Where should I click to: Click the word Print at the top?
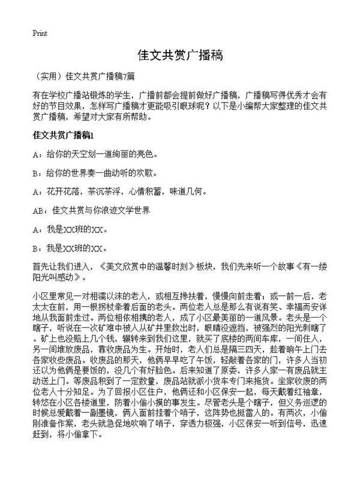[40, 33]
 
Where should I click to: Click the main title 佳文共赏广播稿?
[180, 55]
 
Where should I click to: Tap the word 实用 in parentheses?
[49, 76]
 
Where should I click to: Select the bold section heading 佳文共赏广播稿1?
[64, 136]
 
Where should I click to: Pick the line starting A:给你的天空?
[95, 154]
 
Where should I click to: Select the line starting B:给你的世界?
[95, 173]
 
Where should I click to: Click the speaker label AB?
[39, 211]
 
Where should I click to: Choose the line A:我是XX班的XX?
[71, 229]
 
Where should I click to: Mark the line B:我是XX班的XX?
[71, 248]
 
